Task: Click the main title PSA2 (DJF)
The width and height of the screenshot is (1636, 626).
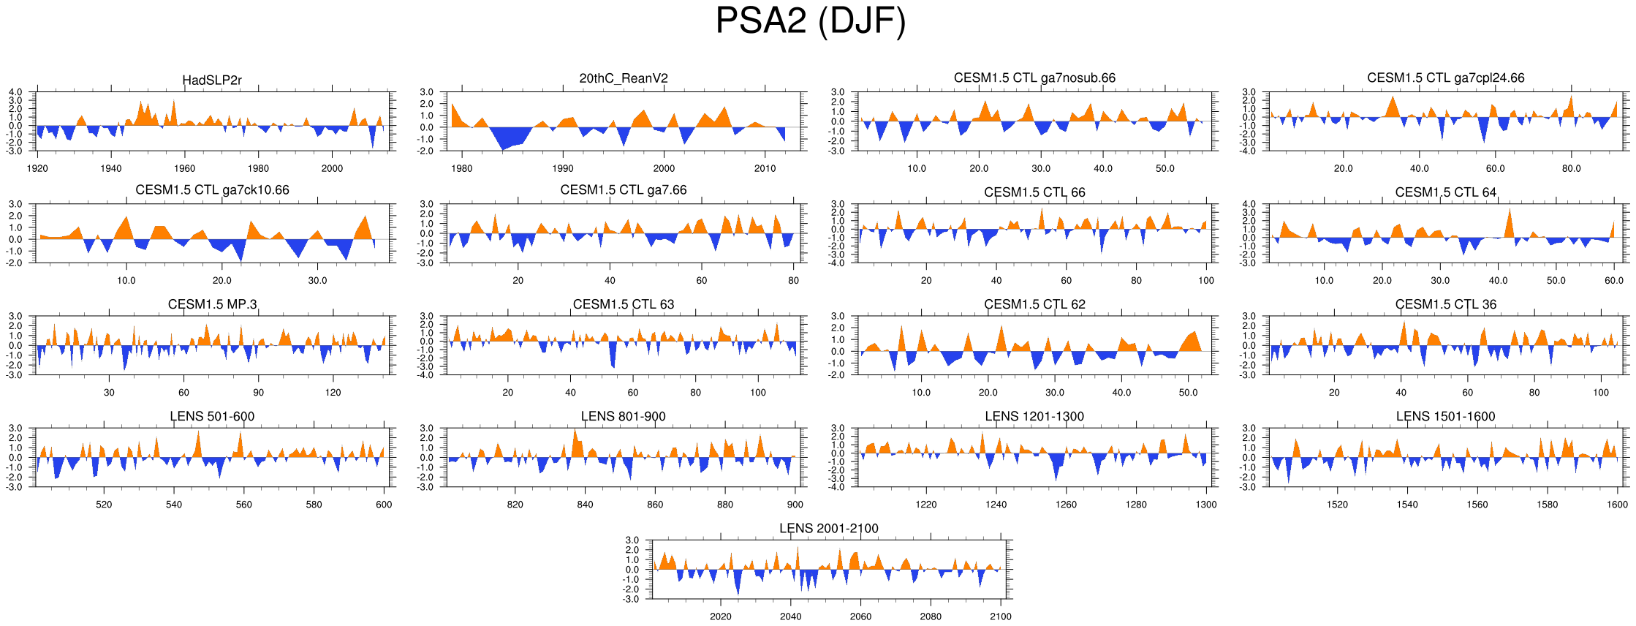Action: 810,20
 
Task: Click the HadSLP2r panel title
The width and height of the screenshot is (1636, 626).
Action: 212,80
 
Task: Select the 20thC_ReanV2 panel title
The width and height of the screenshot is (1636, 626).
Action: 624,79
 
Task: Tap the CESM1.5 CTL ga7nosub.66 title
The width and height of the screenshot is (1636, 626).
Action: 1034,78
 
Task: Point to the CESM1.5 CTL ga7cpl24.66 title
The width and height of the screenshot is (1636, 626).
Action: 1445,78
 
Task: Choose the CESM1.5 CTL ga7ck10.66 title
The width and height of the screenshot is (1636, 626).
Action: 212,190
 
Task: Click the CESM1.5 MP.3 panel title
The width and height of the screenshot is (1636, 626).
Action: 212,304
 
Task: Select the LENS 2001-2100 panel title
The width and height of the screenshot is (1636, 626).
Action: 828,528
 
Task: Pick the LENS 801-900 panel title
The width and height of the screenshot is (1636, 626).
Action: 624,416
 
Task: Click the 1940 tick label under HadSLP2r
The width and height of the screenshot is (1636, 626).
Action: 111,168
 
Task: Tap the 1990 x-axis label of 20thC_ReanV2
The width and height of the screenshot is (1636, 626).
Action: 563,168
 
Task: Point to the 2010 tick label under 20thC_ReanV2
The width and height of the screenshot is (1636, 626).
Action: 765,168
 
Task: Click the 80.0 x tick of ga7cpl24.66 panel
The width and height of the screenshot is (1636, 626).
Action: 1572,168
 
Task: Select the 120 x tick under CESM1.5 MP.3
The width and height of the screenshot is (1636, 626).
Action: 333,393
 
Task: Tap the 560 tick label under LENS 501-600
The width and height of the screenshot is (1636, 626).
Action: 243,505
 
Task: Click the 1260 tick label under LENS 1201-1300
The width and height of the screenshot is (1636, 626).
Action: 1066,505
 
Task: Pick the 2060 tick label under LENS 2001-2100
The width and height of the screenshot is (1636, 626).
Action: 860,616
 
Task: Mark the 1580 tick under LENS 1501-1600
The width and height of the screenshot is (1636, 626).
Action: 1547,505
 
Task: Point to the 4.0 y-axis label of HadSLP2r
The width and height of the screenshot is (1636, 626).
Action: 15,93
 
